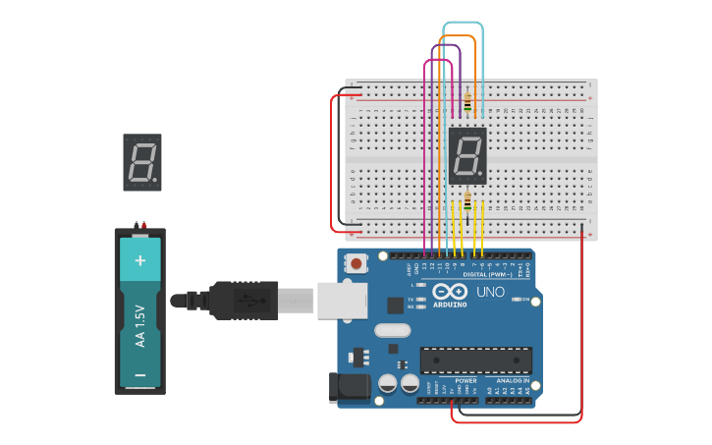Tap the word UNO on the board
[488, 292]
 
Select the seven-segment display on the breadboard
[467, 155]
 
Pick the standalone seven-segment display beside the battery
[142, 162]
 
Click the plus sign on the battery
[139, 260]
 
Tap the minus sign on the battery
[139, 374]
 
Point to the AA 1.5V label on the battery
[139, 325]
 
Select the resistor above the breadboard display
[467, 103]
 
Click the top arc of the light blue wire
[463, 23]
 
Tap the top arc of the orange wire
[457, 36]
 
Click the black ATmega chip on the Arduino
[476, 361]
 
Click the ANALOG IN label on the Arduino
[512, 380]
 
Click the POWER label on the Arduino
[466, 380]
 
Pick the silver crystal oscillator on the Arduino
[391, 330]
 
